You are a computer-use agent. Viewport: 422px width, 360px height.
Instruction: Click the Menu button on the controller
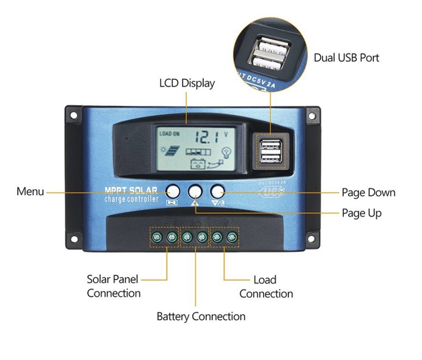[173, 191]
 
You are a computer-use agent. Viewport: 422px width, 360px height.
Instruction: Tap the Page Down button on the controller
[217, 191]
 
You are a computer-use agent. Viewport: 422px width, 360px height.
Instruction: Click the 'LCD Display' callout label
[187, 84]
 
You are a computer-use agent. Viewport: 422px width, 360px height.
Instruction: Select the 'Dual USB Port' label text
[346, 58]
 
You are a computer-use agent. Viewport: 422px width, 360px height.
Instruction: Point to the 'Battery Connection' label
[201, 316]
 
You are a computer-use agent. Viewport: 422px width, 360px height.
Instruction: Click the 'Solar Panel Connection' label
[113, 286]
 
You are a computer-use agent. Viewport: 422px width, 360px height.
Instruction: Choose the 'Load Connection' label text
[266, 287]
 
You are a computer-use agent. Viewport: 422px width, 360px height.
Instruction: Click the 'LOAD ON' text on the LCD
[169, 134]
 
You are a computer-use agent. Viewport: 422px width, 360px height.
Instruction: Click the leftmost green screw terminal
[158, 237]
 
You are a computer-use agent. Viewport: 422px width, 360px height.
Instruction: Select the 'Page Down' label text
[368, 192]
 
